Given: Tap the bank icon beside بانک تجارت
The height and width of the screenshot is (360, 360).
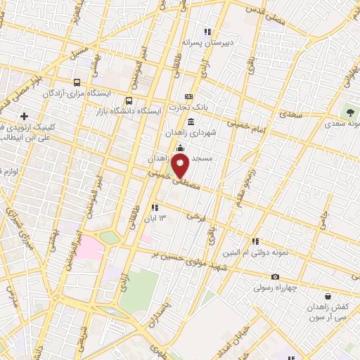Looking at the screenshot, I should pos(188,96).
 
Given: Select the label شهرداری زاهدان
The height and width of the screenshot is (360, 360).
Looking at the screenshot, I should pos(203,131).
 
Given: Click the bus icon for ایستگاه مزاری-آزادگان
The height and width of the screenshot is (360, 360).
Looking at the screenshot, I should pos(77,81).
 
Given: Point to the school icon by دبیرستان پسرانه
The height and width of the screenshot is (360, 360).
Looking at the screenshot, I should pos(207,31).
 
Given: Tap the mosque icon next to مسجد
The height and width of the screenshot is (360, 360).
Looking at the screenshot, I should pos(181,148).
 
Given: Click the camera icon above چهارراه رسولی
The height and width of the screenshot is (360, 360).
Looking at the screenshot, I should pos(275,277).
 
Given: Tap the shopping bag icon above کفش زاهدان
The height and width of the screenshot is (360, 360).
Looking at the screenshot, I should pos(328,296).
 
